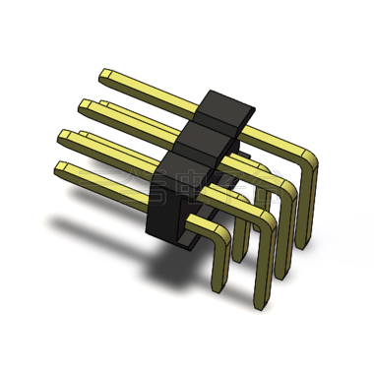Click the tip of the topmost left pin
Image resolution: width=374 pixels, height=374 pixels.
coord(104,74)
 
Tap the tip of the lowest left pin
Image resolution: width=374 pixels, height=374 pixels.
coord(62,168)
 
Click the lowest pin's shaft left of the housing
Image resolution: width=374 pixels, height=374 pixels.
coord(108,181)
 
